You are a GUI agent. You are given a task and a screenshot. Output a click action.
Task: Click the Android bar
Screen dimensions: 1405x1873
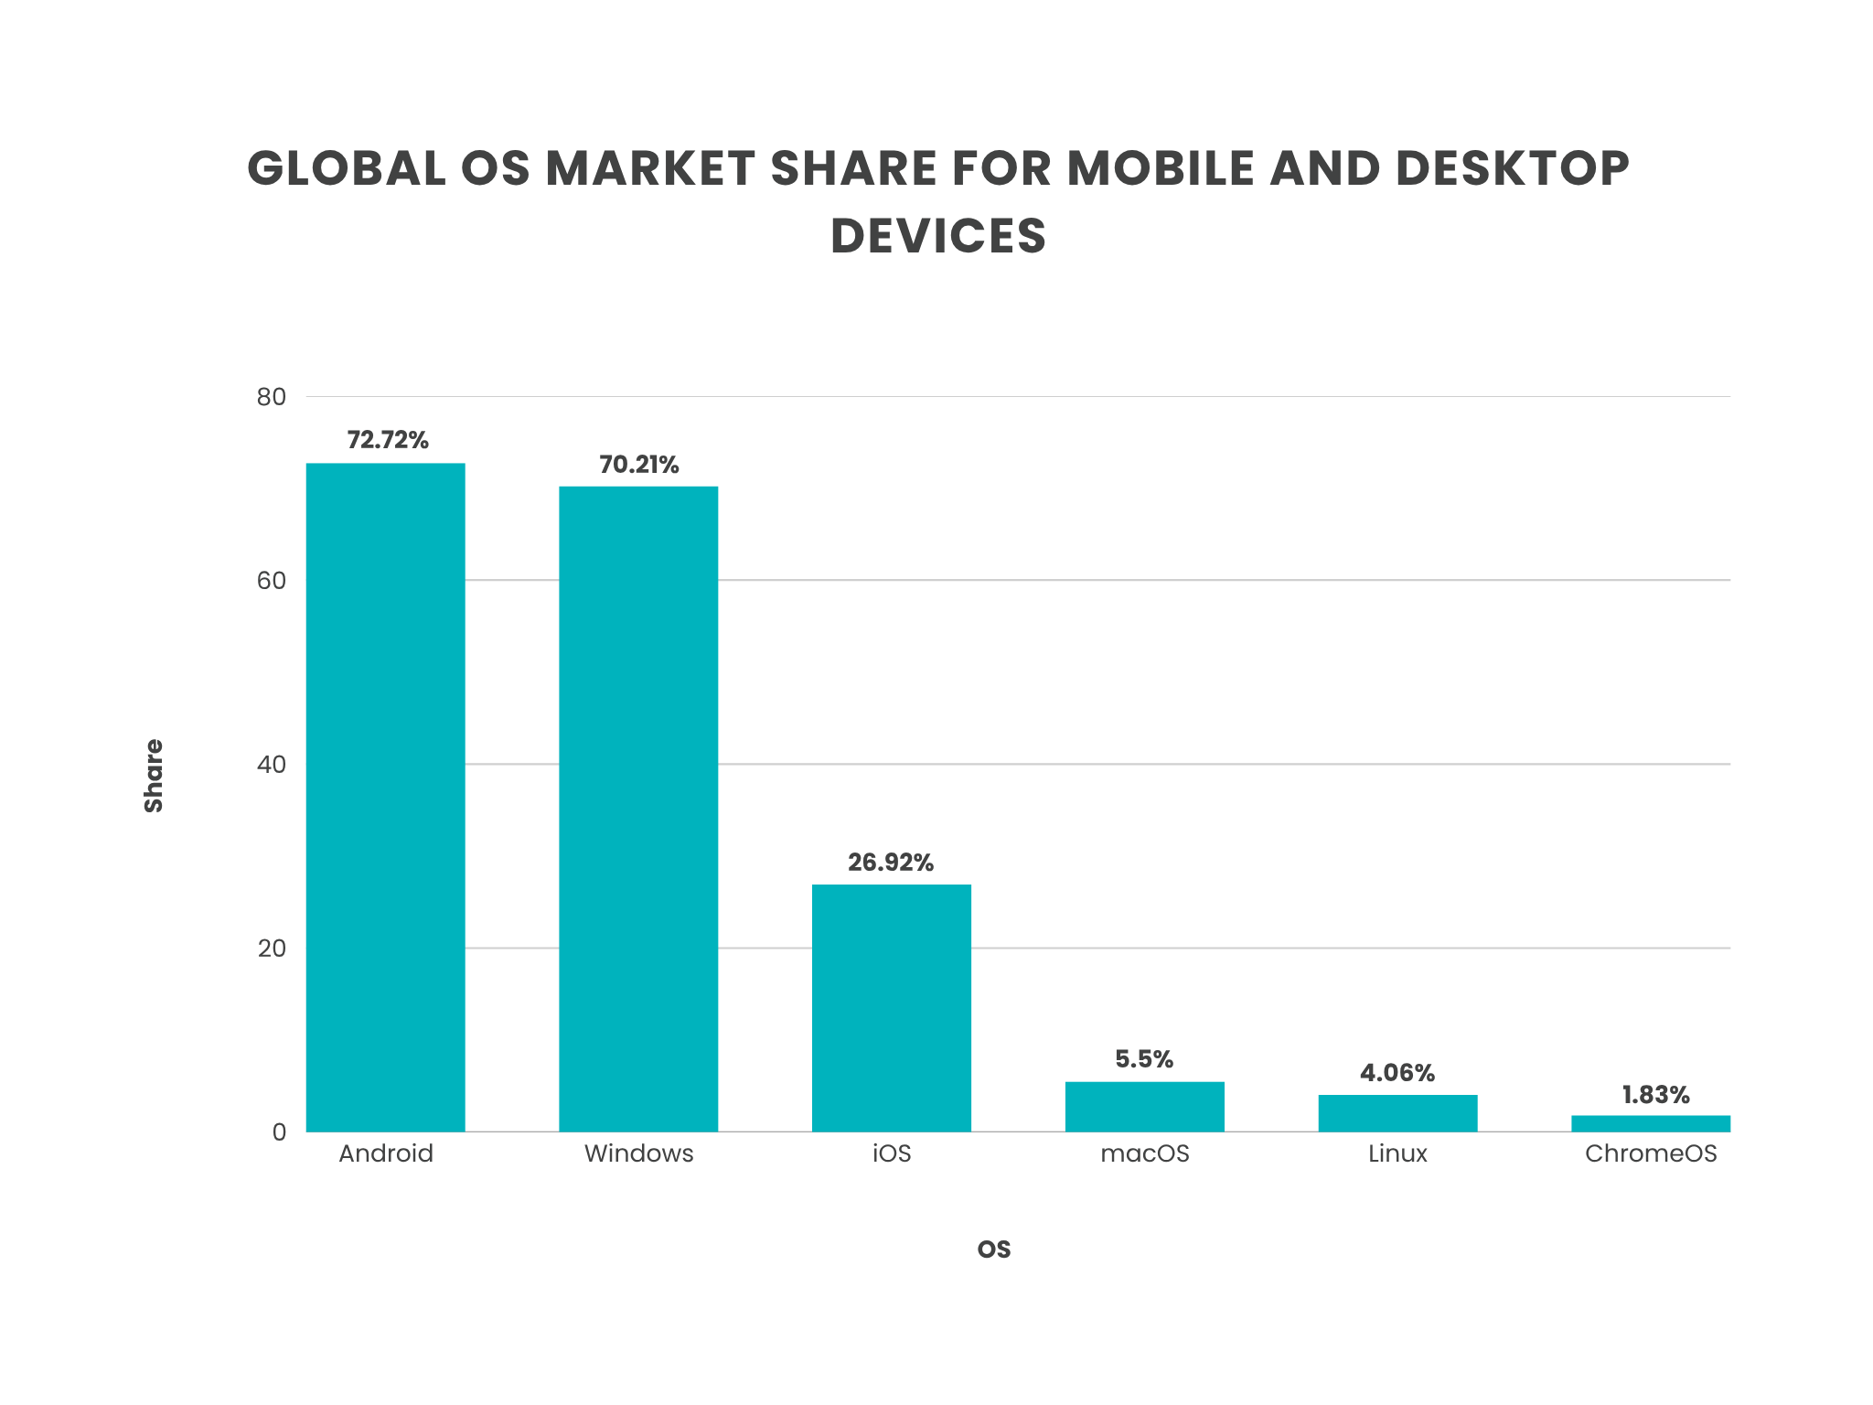click(385, 796)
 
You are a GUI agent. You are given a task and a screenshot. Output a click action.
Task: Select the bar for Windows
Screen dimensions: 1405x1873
click(638, 809)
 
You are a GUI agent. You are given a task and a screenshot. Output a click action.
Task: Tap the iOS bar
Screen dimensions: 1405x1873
click(892, 1007)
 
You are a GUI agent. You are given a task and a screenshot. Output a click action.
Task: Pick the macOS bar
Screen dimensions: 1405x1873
click(1144, 1107)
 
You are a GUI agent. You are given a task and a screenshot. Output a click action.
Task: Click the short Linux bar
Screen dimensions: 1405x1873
click(1397, 1113)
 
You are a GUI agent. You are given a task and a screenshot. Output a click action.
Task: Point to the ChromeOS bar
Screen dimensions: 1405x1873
click(1651, 1123)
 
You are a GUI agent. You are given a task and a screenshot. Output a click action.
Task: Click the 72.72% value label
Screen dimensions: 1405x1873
click(388, 440)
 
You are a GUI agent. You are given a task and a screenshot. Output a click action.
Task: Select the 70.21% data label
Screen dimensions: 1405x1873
click(639, 465)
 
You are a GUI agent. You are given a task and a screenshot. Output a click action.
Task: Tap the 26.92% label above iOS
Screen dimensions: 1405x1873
click(891, 863)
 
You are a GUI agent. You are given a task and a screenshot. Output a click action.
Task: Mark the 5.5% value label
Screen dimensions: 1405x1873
click(1144, 1059)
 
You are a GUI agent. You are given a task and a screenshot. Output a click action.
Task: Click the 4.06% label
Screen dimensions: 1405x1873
click(1397, 1073)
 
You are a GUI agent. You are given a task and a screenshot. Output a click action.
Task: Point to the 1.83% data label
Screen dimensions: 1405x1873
click(1655, 1095)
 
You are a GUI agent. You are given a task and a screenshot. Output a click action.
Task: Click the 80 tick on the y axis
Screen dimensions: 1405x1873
click(272, 397)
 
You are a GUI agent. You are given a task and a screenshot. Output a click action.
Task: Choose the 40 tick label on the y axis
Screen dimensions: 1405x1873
click(272, 765)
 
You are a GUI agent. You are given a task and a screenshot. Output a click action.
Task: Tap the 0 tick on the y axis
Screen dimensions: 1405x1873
click(279, 1132)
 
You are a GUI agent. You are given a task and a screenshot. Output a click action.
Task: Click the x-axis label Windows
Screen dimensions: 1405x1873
click(638, 1153)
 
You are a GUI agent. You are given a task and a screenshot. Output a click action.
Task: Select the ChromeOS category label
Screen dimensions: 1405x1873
click(1651, 1153)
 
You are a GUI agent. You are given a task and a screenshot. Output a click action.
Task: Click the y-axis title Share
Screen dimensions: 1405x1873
click(154, 776)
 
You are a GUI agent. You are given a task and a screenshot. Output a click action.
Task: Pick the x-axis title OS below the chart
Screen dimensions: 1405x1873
click(994, 1249)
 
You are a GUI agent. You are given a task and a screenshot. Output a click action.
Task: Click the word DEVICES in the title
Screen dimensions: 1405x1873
click(937, 236)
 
